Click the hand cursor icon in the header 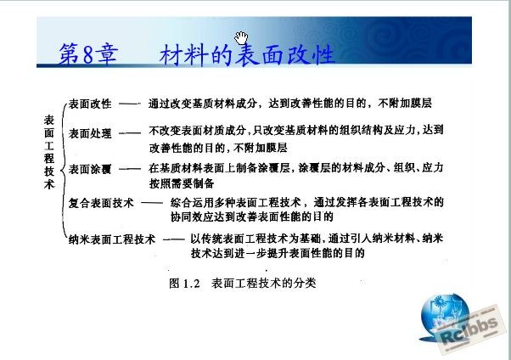coord(241,38)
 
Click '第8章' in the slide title coord(88,53)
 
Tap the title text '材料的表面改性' coord(247,54)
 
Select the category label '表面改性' coord(90,104)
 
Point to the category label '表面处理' coord(90,133)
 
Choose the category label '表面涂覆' coord(90,169)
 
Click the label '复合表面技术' coord(101,203)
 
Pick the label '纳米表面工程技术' coord(112,239)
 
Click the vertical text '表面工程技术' coord(49,152)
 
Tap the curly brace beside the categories coord(64,170)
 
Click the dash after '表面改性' coord(129,104)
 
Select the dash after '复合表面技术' coord(152,203)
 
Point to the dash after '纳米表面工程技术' coord(174,239)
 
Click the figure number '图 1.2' coord(184,283)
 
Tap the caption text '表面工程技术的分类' coord(264,283)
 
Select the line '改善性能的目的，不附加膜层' coord(218,148)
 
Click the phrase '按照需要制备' coord(182,183)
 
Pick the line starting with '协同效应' coord(251,217)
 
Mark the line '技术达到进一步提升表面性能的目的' coord(278,253)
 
